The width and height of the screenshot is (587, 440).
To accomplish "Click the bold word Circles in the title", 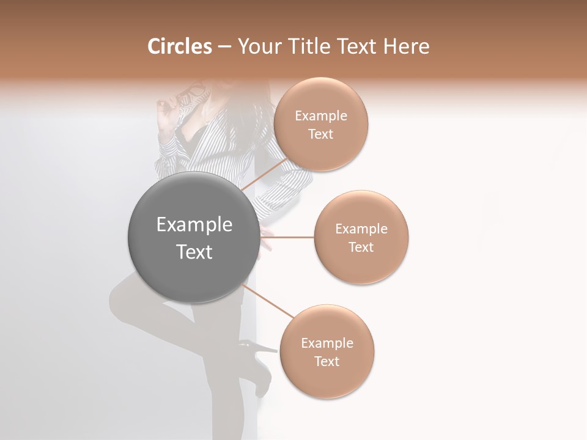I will coord(179,46).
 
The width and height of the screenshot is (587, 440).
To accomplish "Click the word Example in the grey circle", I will coord(194,225).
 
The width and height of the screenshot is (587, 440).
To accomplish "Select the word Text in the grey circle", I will coord(194,252).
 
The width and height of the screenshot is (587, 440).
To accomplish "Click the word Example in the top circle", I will coord(321,116).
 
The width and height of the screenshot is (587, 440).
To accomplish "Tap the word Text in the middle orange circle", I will coord(361,247).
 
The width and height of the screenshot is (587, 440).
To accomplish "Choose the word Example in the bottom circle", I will coord(327,343).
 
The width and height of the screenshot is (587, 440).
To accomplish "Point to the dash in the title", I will coord(224,47).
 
